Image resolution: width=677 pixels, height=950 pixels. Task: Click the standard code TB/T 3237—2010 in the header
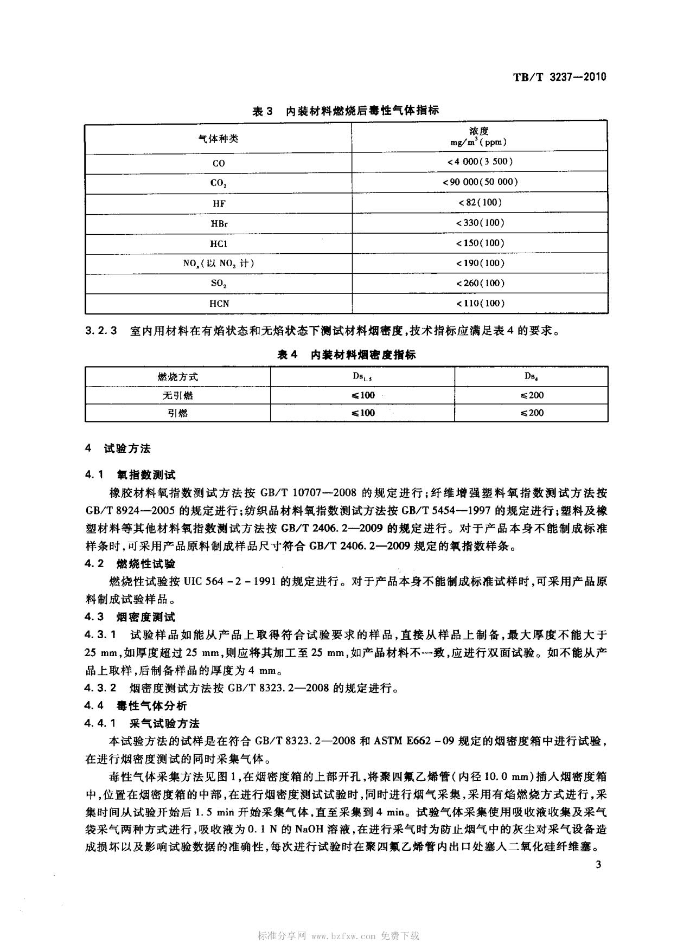pos(559,76)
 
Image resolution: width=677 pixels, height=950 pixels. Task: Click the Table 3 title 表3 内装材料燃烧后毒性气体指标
pos(346,111)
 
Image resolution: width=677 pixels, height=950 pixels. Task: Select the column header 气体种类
pos(218,138)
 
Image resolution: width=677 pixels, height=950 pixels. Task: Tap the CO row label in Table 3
pos(219,163)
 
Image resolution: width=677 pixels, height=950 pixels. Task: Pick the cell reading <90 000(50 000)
pos(480,182)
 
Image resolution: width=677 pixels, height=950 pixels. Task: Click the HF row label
pos(219,203)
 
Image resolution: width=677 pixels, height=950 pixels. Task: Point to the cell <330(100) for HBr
pos(480,222)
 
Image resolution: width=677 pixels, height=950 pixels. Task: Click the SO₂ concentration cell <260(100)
pos(480,283)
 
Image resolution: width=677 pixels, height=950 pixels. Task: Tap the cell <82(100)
pos(480,202)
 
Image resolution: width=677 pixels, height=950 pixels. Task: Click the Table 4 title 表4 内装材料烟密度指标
pos(347,355)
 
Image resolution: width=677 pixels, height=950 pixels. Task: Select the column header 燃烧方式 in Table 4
pos(177,376)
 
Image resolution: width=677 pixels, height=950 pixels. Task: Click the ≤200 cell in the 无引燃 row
pos(532,395)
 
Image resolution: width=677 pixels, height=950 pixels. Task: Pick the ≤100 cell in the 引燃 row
pos(362,413)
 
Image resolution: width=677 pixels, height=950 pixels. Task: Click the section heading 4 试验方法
pos(118,448)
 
